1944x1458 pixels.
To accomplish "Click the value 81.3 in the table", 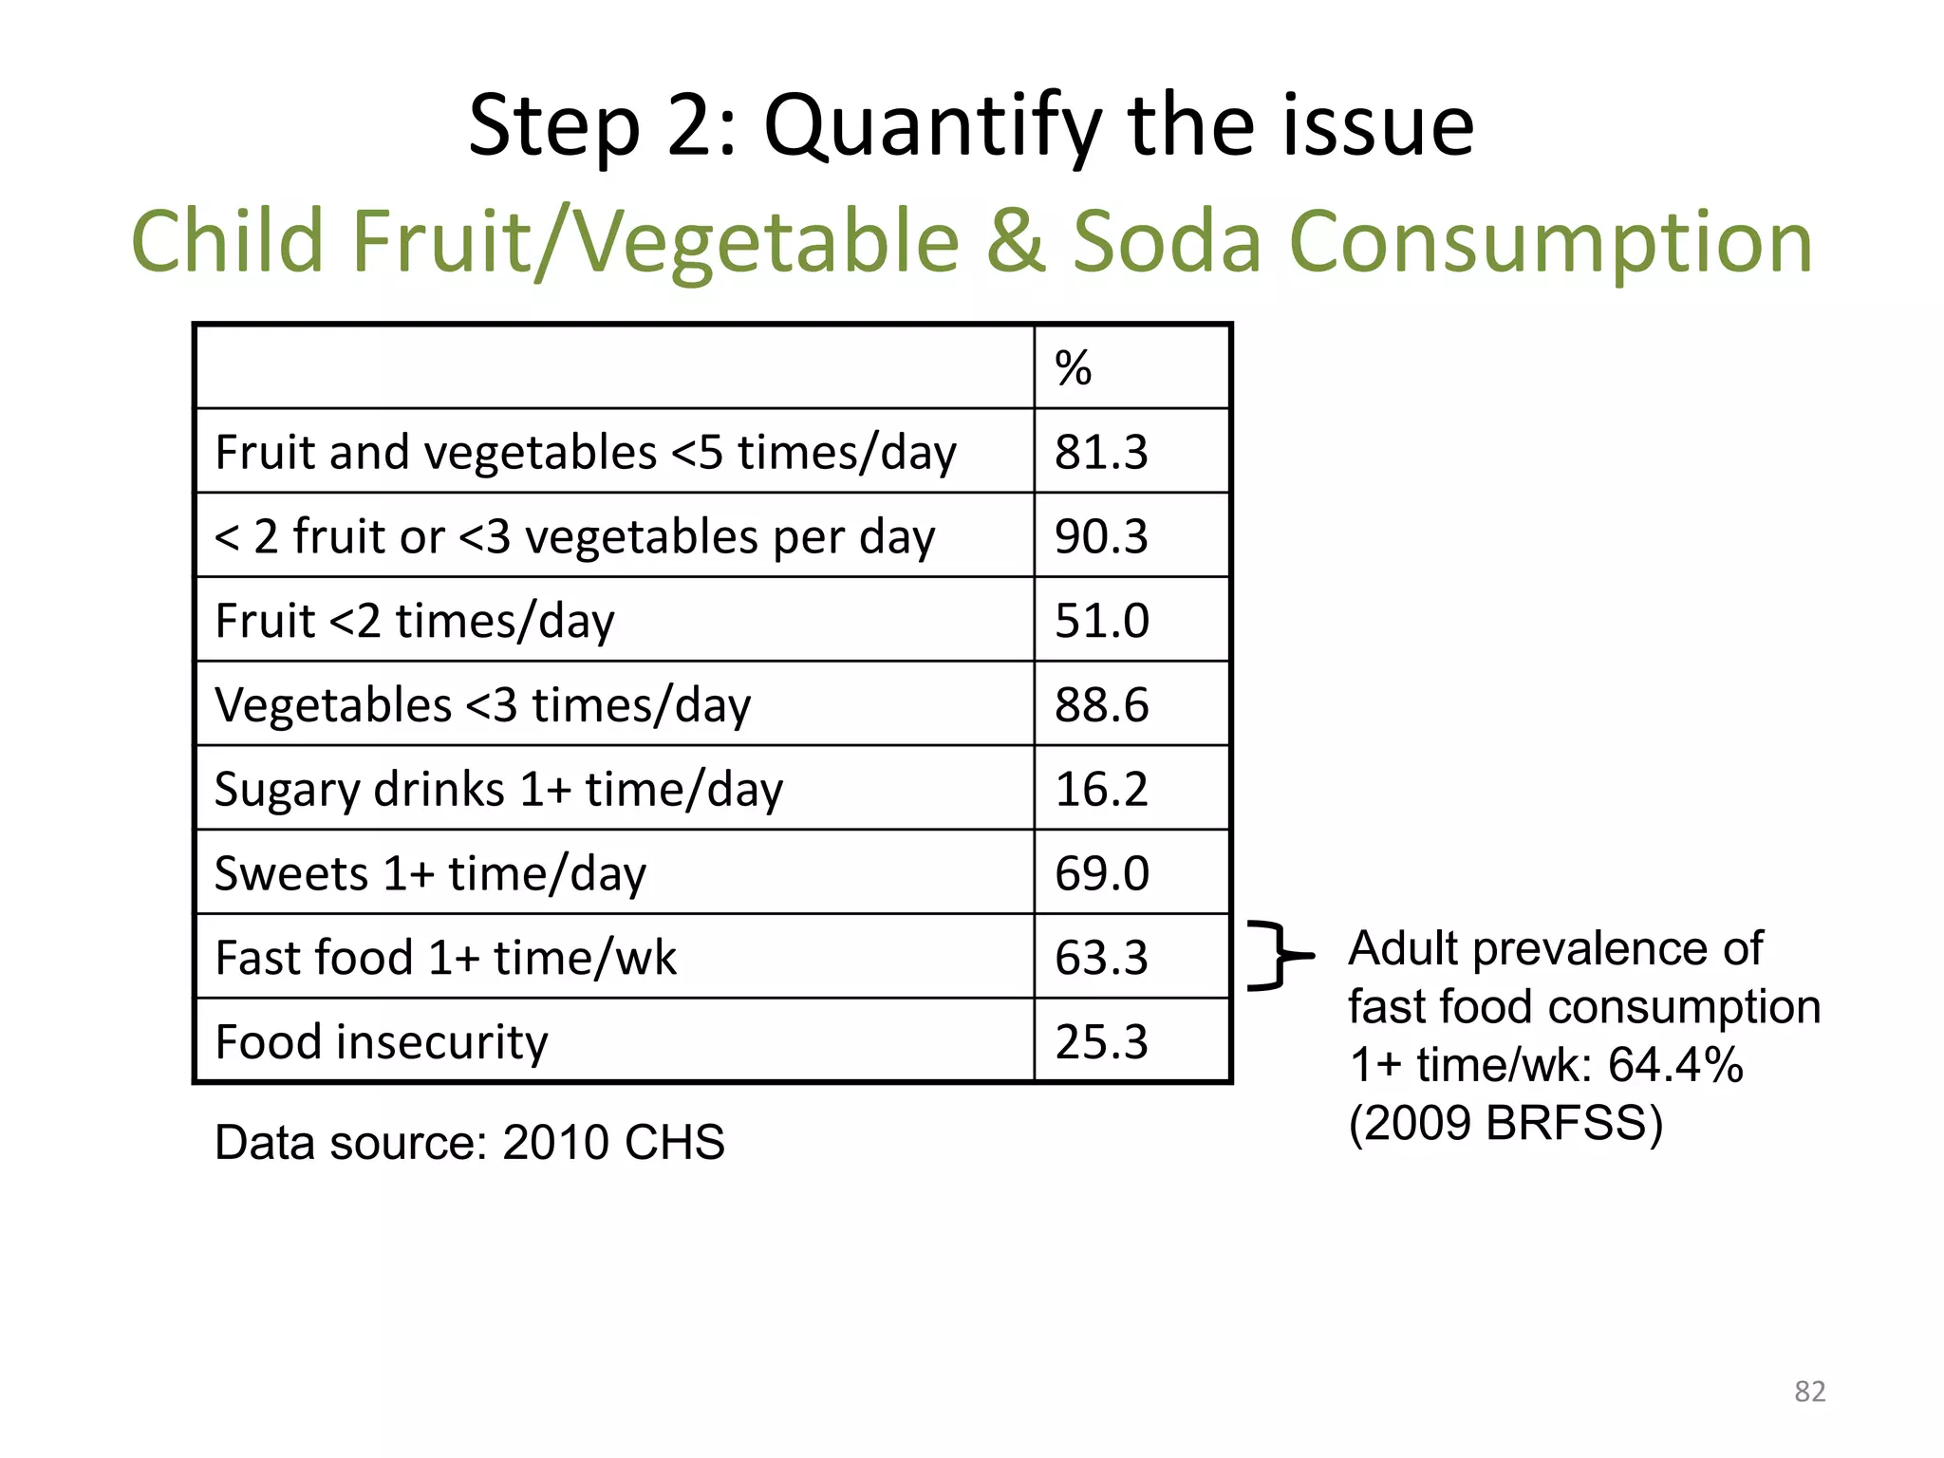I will coord(1101,452).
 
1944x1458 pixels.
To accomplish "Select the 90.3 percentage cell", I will coord(1101,536).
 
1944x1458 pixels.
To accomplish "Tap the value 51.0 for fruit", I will coord(1101,621).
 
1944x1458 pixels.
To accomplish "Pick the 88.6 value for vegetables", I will coord(1101,705).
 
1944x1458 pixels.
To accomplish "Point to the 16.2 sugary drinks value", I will coord(1101,789).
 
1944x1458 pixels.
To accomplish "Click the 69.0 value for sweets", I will coord(1101,873).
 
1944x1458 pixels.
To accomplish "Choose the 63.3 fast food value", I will coord(1101,958).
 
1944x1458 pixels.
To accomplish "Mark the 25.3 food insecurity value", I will coord(1101,1042).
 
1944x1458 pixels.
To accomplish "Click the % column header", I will coord(1073,368).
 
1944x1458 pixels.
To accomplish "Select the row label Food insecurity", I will coord(382,1042).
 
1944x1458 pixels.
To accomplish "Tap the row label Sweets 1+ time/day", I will coord(430,873).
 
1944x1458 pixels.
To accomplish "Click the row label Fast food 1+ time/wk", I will coord(445,958).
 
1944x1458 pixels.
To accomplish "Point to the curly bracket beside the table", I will coord(1277,956).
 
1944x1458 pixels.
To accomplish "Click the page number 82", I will coord(1809,1392).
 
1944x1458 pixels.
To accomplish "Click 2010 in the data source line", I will coord(555,1142).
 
